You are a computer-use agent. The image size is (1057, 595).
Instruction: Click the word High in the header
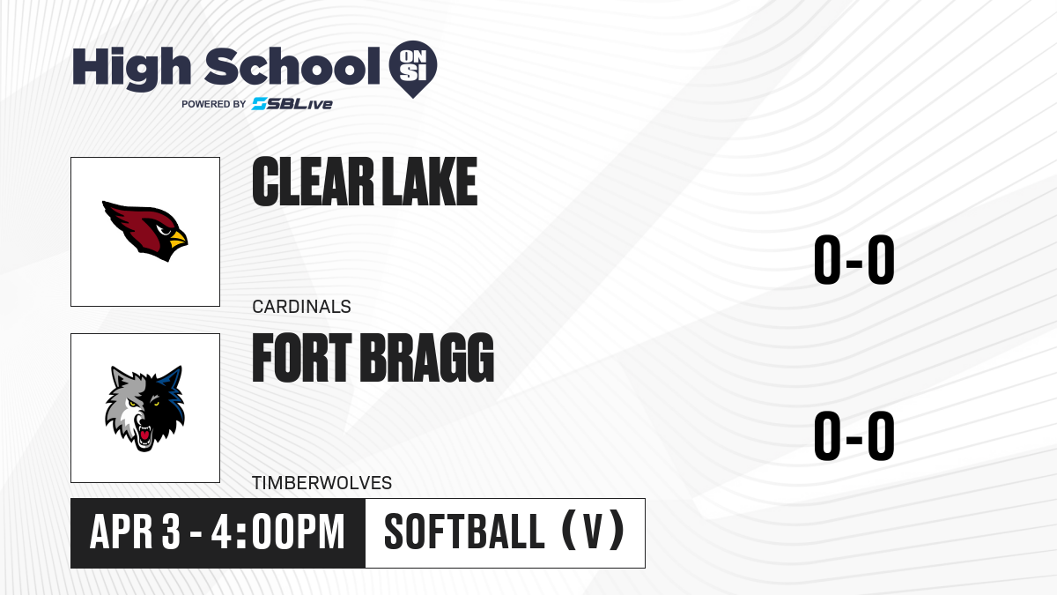click(131, 68)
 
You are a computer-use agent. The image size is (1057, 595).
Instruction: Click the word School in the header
click(292, 66)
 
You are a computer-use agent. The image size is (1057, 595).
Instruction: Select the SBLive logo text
click(292, 104)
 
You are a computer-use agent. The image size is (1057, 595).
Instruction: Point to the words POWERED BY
click(214, 104)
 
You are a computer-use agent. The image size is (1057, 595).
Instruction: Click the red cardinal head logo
click(144, 231)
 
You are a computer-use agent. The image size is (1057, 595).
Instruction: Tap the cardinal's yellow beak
click(178, 239)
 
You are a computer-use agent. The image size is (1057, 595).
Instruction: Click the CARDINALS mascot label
click(301, 307)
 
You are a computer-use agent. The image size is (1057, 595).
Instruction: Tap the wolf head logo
click(144, 409)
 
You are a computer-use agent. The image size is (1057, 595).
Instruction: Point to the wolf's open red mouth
click(144, 435)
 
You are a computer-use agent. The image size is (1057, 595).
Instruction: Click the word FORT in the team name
click(302, 358)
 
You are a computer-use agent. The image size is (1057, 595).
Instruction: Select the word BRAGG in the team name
click(427, 358)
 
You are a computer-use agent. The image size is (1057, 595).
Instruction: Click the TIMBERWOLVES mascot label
click(322, 483)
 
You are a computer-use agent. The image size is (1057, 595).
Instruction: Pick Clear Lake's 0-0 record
click(854, 259)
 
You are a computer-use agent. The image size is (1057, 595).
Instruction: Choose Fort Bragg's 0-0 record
click(854, 435)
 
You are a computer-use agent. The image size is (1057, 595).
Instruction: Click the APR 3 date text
click(135, 532)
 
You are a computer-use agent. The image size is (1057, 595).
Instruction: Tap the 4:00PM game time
click(278, 532)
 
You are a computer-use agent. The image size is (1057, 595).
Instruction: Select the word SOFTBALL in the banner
click(464, 532)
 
